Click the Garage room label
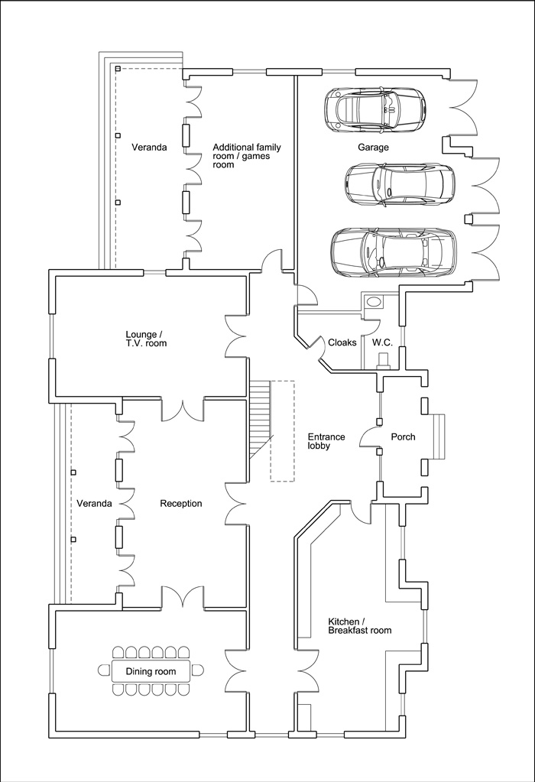(x=373, y=147)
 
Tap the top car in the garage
(x=375, y=110)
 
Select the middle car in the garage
(x=400, y=183)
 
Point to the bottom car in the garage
(x=394, y=252)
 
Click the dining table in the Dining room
(x=151, y=671)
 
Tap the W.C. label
(x=382, y=342)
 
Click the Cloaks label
(x=342, y=342)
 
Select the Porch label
(x=403, y=437)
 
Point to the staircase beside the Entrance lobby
(x=261, y=419)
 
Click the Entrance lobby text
(x=326, y=441)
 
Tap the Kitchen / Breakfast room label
(x=359, y=626)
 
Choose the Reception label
(x=181, y=504)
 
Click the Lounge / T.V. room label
(x=146, y=339)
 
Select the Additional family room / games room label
(x=247, y=156)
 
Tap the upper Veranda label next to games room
(x=149, y=147)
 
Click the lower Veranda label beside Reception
(x=94, y=504)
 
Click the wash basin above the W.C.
(x=372, y=302)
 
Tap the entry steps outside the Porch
(x=438, y=437)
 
